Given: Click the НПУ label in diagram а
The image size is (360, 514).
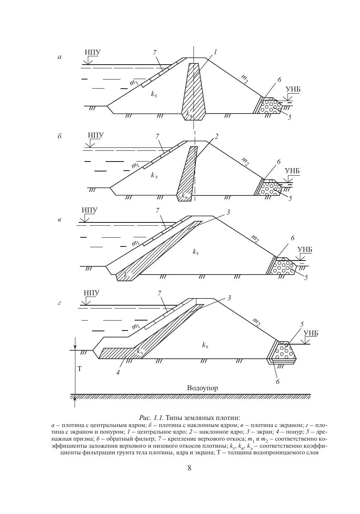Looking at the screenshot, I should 92,53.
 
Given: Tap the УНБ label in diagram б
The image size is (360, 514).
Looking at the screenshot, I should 292,171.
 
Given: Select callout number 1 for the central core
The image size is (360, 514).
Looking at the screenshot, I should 215,52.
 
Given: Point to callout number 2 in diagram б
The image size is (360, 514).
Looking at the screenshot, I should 216,137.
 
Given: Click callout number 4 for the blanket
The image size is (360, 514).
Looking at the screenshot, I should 118,373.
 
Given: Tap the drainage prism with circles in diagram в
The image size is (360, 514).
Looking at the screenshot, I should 283,267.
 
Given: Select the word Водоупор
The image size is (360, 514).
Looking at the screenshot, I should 202,388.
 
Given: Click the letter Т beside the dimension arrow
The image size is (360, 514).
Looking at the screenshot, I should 80,369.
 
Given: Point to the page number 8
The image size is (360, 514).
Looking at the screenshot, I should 189,468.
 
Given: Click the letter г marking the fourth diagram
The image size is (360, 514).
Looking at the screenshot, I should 60,303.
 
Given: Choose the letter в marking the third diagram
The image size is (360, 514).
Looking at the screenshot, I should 60,220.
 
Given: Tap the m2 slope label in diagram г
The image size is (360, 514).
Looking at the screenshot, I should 256,322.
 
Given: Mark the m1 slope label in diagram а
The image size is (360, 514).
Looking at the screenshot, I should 133,83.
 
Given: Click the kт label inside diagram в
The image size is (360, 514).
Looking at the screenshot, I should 196,251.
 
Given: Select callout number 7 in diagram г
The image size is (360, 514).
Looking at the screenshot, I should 159,294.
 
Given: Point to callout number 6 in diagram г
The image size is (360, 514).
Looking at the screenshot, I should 278,382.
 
